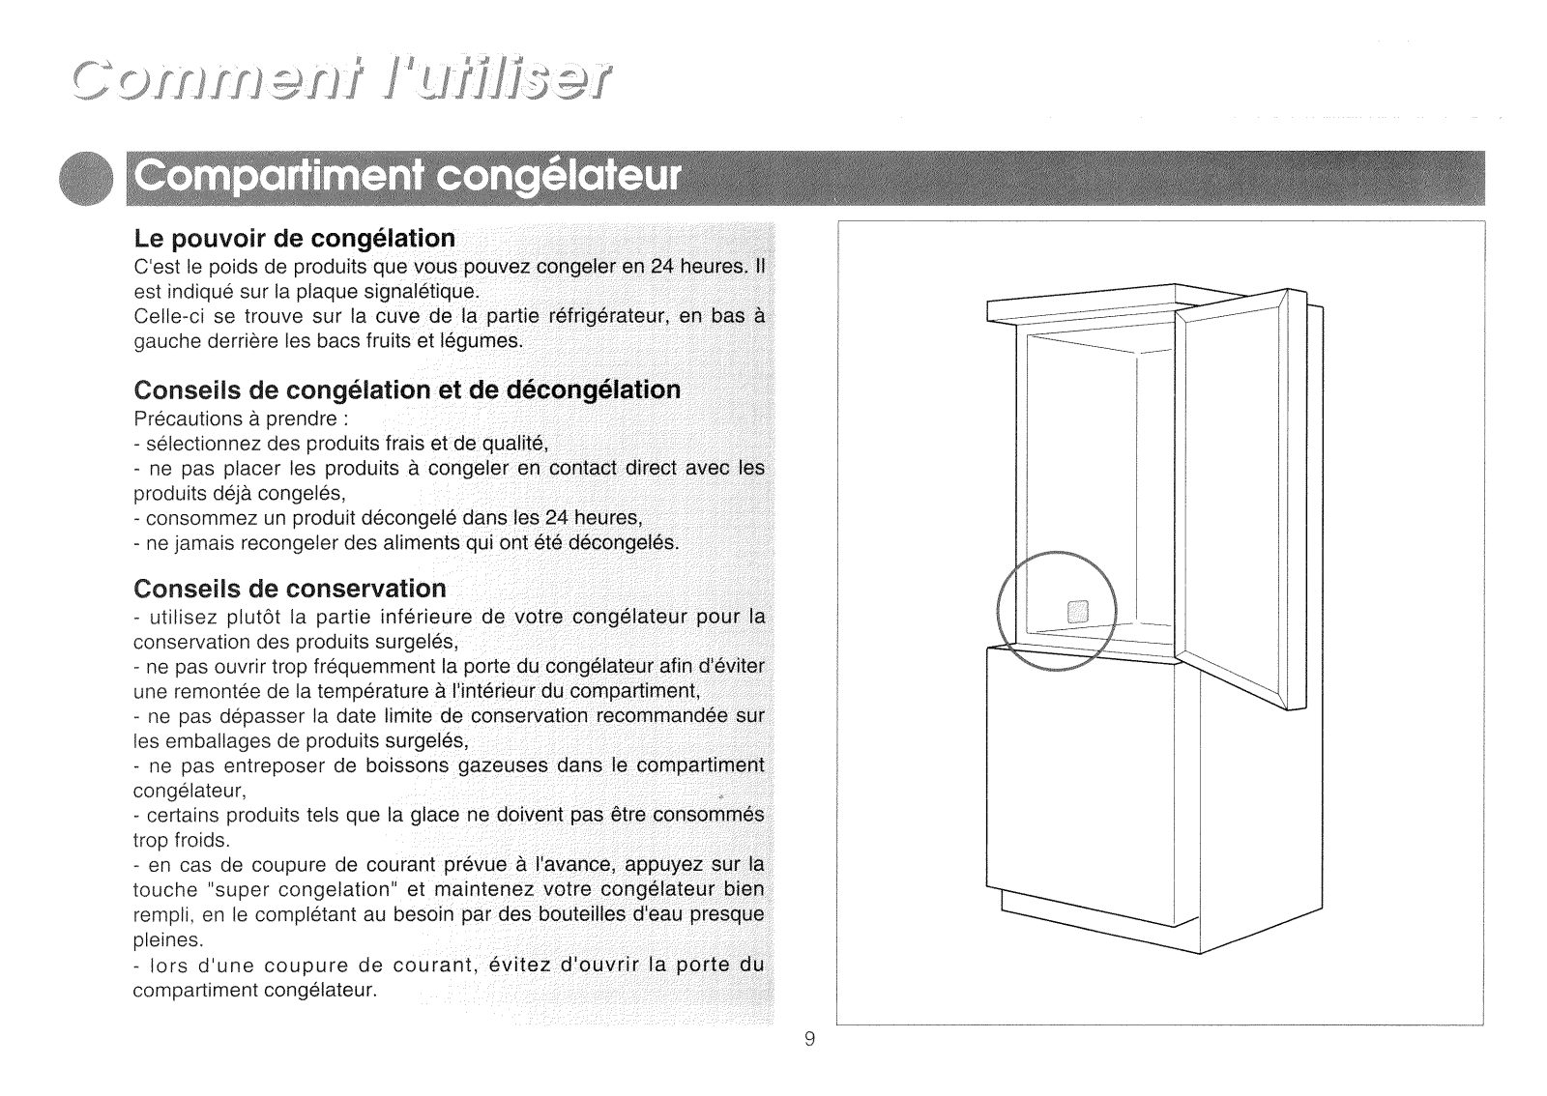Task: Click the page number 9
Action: pos(809,1039)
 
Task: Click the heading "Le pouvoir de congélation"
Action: pos(294,238)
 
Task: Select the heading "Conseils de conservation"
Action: pos(290,589)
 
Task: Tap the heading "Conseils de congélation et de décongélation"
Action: pos(407,389)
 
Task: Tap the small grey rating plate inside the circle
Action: pos(1076,611)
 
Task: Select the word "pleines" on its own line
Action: pos(167,938)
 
